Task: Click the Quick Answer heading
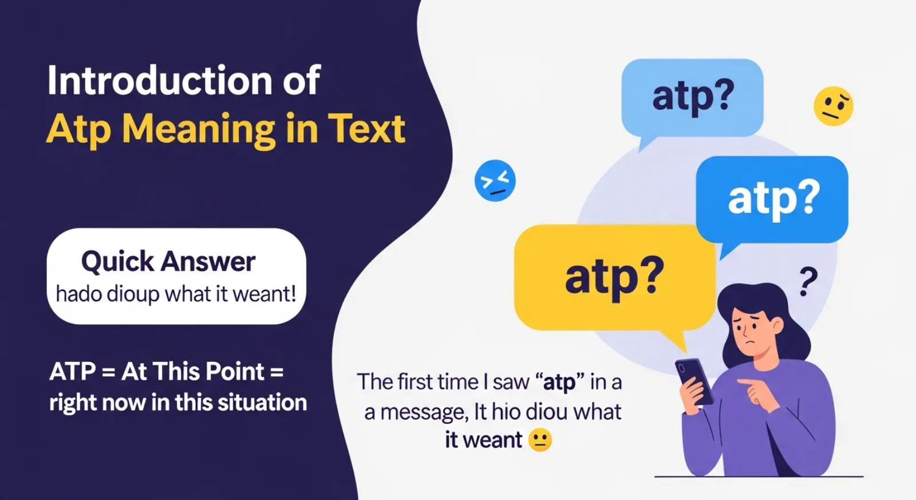pos(168,262)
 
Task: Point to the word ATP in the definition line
pos(73,372)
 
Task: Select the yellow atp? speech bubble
pos(614,277)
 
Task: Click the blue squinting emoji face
pos(495,180)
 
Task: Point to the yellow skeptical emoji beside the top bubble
pos(833,106)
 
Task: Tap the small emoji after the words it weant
pos(540,440)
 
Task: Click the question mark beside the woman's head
pos(808,281)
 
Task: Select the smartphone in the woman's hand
pos(694,381)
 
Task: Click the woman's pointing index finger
pos(745,381)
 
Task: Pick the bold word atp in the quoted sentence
pos(559,382)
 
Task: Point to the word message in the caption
pos(424,412)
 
